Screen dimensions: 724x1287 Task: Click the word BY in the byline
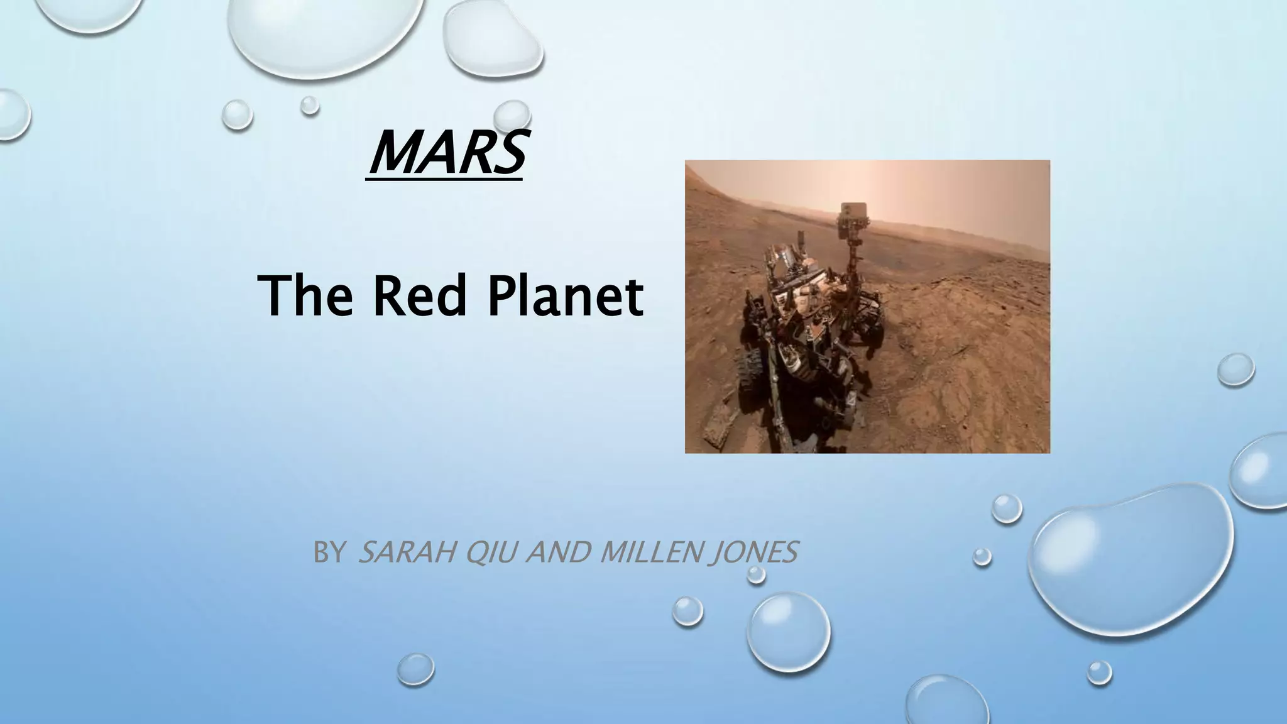click(328, 553)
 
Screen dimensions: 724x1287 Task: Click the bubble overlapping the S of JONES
click(758, 573)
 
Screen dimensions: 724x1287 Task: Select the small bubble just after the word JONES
click(982, 556)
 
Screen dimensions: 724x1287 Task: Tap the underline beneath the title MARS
click(444, 181)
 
